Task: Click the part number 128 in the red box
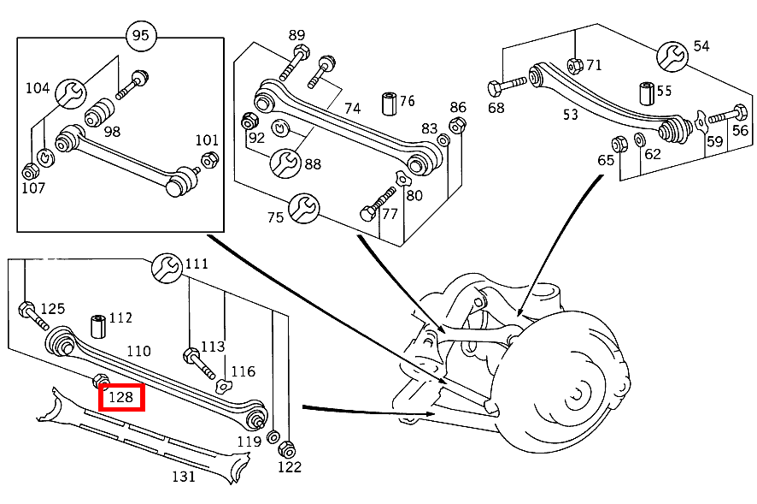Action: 121,397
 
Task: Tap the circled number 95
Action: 140,36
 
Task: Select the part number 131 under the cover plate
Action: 184,476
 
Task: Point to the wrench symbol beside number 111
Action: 166,268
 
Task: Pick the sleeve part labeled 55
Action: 646,92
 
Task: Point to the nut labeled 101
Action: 208,159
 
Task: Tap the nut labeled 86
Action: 457,126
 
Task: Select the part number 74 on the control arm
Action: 353,108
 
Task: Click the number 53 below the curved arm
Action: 570,114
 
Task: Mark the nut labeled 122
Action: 288,449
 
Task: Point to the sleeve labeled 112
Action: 97,326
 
